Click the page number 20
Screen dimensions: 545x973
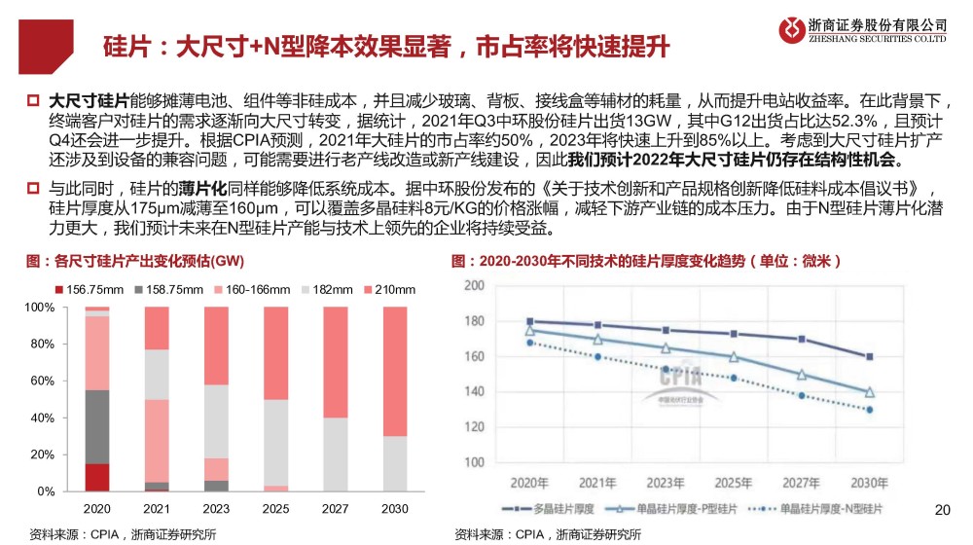[941, 509]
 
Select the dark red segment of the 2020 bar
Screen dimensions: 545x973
[97, 477]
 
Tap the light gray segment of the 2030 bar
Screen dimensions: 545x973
[395, 463]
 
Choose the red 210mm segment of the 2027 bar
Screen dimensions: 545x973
[336, 362]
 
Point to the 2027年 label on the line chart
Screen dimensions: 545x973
[801, 482]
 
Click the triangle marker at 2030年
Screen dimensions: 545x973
[869, 392]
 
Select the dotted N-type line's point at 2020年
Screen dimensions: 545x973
[529, 343]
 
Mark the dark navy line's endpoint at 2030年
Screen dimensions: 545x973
[869, 356]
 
